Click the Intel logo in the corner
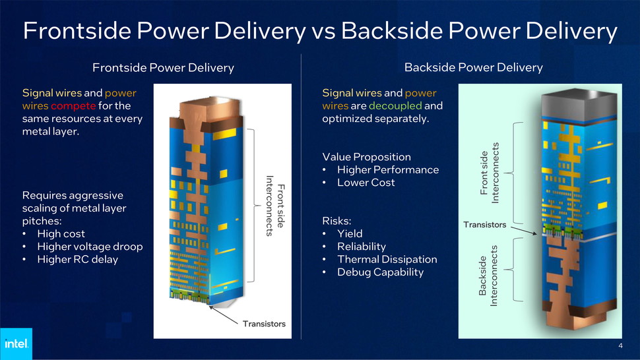click(x=15, y=344)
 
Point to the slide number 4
click(x=621, y=346)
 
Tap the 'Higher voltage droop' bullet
click(x=90, y=247)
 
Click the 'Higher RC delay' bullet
click(x=78, y=259)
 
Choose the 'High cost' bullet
click(x=61, y=233)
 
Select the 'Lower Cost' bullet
click(x=366, y=183)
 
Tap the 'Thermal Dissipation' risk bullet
click(x=387, y=259)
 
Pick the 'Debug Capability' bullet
click(x=380, y=272)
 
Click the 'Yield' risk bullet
click(x=350, y=233)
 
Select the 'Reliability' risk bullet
click(x=361, y=247)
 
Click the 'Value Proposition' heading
click(x=366, y=157)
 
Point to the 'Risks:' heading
click(x=337, y=221)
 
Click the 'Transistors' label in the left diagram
click(x=263, y=324)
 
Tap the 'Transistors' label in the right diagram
click(x=484, y=225)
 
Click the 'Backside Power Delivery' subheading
click(x=473, y=67)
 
